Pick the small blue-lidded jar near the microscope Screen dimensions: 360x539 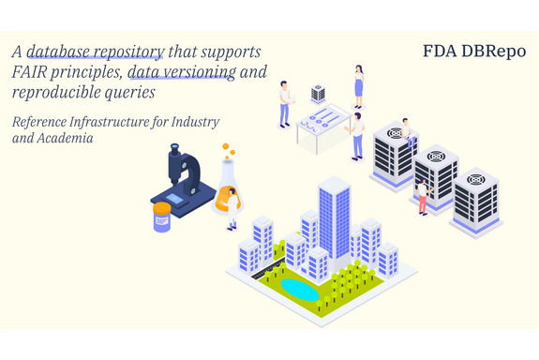(x=162, y=216)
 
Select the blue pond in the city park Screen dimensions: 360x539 (x=300, y=289)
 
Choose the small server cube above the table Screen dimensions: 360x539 (x=318, y=93)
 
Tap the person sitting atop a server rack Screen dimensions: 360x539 (x=407, y=131)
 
